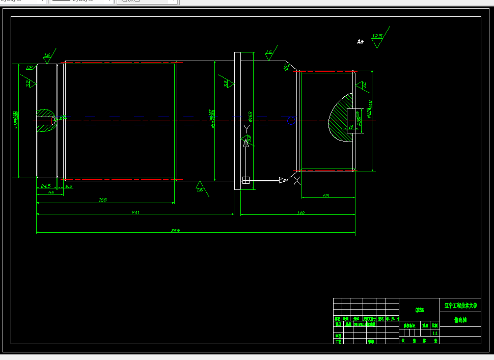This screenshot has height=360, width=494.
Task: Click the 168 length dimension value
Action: pos(102,200)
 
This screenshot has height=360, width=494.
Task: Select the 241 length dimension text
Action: pos(135,212)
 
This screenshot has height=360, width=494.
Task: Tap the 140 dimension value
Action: pos(300,213)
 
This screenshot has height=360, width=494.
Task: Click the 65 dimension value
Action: pos(326,196)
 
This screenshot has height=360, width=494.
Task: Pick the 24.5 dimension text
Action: pos(45,186)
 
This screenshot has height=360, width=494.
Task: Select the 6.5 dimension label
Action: pos(69,186)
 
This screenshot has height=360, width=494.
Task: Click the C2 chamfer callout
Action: pos(29,68)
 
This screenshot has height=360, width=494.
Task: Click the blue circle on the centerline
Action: pos(291,121)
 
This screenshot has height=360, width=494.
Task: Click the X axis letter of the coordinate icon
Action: pos(297,180)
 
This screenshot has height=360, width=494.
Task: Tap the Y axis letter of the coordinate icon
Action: pos(246,128)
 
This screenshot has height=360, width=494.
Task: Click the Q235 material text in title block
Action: pos(419,310)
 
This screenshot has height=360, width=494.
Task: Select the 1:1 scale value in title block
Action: pos(434,333)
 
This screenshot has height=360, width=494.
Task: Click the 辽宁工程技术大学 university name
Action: pos(460,306)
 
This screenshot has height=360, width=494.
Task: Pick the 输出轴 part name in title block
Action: pos(460,320)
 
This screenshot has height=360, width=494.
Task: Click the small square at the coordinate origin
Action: pos(246,180)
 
